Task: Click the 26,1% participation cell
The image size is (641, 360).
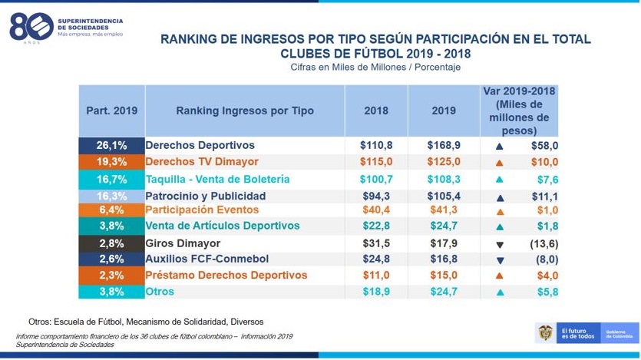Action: [x=111, y=145]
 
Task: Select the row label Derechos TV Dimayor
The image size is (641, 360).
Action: [x=202, y=162]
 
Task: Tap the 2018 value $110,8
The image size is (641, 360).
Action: [x=376, y=145]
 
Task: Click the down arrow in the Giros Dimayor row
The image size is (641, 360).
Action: [x=499, y=245]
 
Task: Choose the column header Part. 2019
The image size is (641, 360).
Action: [x=111, y=111]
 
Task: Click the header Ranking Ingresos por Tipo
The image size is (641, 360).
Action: [x=245, y=111]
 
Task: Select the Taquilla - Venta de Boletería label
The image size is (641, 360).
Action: [x=217, y=179]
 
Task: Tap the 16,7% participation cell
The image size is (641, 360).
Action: [x=111, y=179]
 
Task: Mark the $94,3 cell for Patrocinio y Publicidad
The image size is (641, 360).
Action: [x=376, y=196]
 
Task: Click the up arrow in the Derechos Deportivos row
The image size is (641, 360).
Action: [x=499, y=146]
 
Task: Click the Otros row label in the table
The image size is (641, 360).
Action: [x=160, y=292]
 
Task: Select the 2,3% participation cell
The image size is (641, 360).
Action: [x=111, y=275]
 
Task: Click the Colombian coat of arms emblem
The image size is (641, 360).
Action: [x=544, y=332]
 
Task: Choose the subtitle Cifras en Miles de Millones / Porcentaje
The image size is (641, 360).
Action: [x=375, y=68]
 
